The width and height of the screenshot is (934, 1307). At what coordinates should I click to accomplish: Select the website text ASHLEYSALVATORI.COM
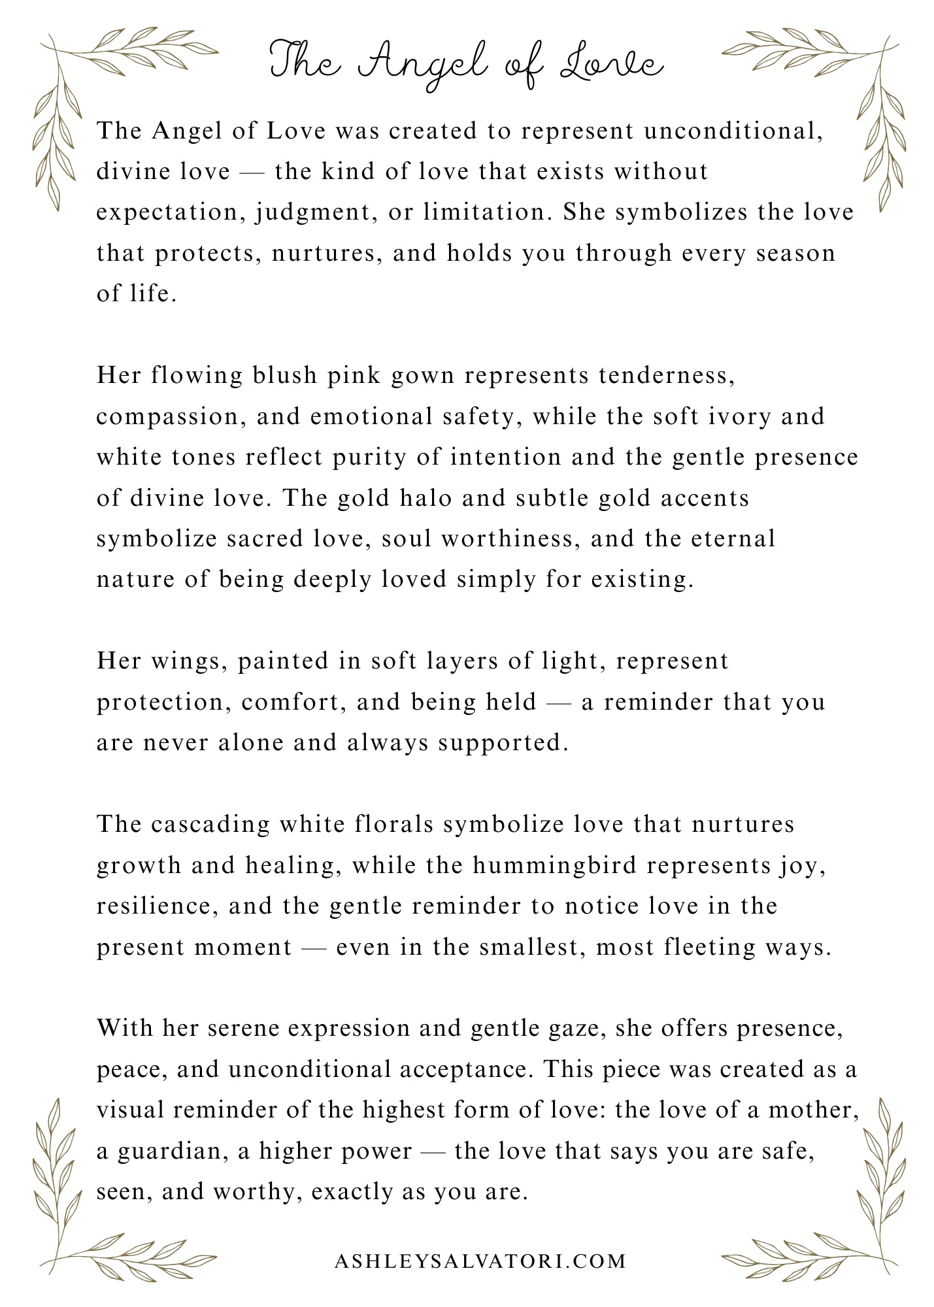point(480,1261)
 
